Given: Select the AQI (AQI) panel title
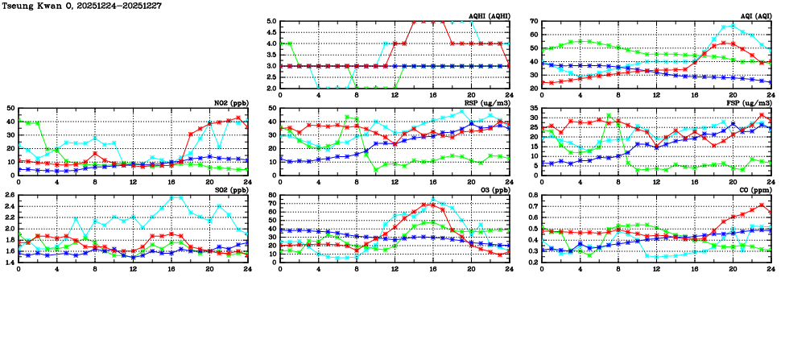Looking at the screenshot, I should pos(753,16).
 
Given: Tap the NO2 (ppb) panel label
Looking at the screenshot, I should pos(231,102).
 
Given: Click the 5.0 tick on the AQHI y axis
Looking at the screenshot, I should pos(271,22).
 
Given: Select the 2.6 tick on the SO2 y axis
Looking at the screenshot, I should pos(9,195).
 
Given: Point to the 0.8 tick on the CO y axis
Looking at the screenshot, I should pos(533,195).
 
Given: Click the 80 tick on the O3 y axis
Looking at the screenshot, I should pos(272,195).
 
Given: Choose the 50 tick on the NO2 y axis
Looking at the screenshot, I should pos(10,108).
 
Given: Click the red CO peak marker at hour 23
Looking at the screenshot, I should pos(761,205).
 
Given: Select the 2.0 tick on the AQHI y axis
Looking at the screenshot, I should pos(271,88).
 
